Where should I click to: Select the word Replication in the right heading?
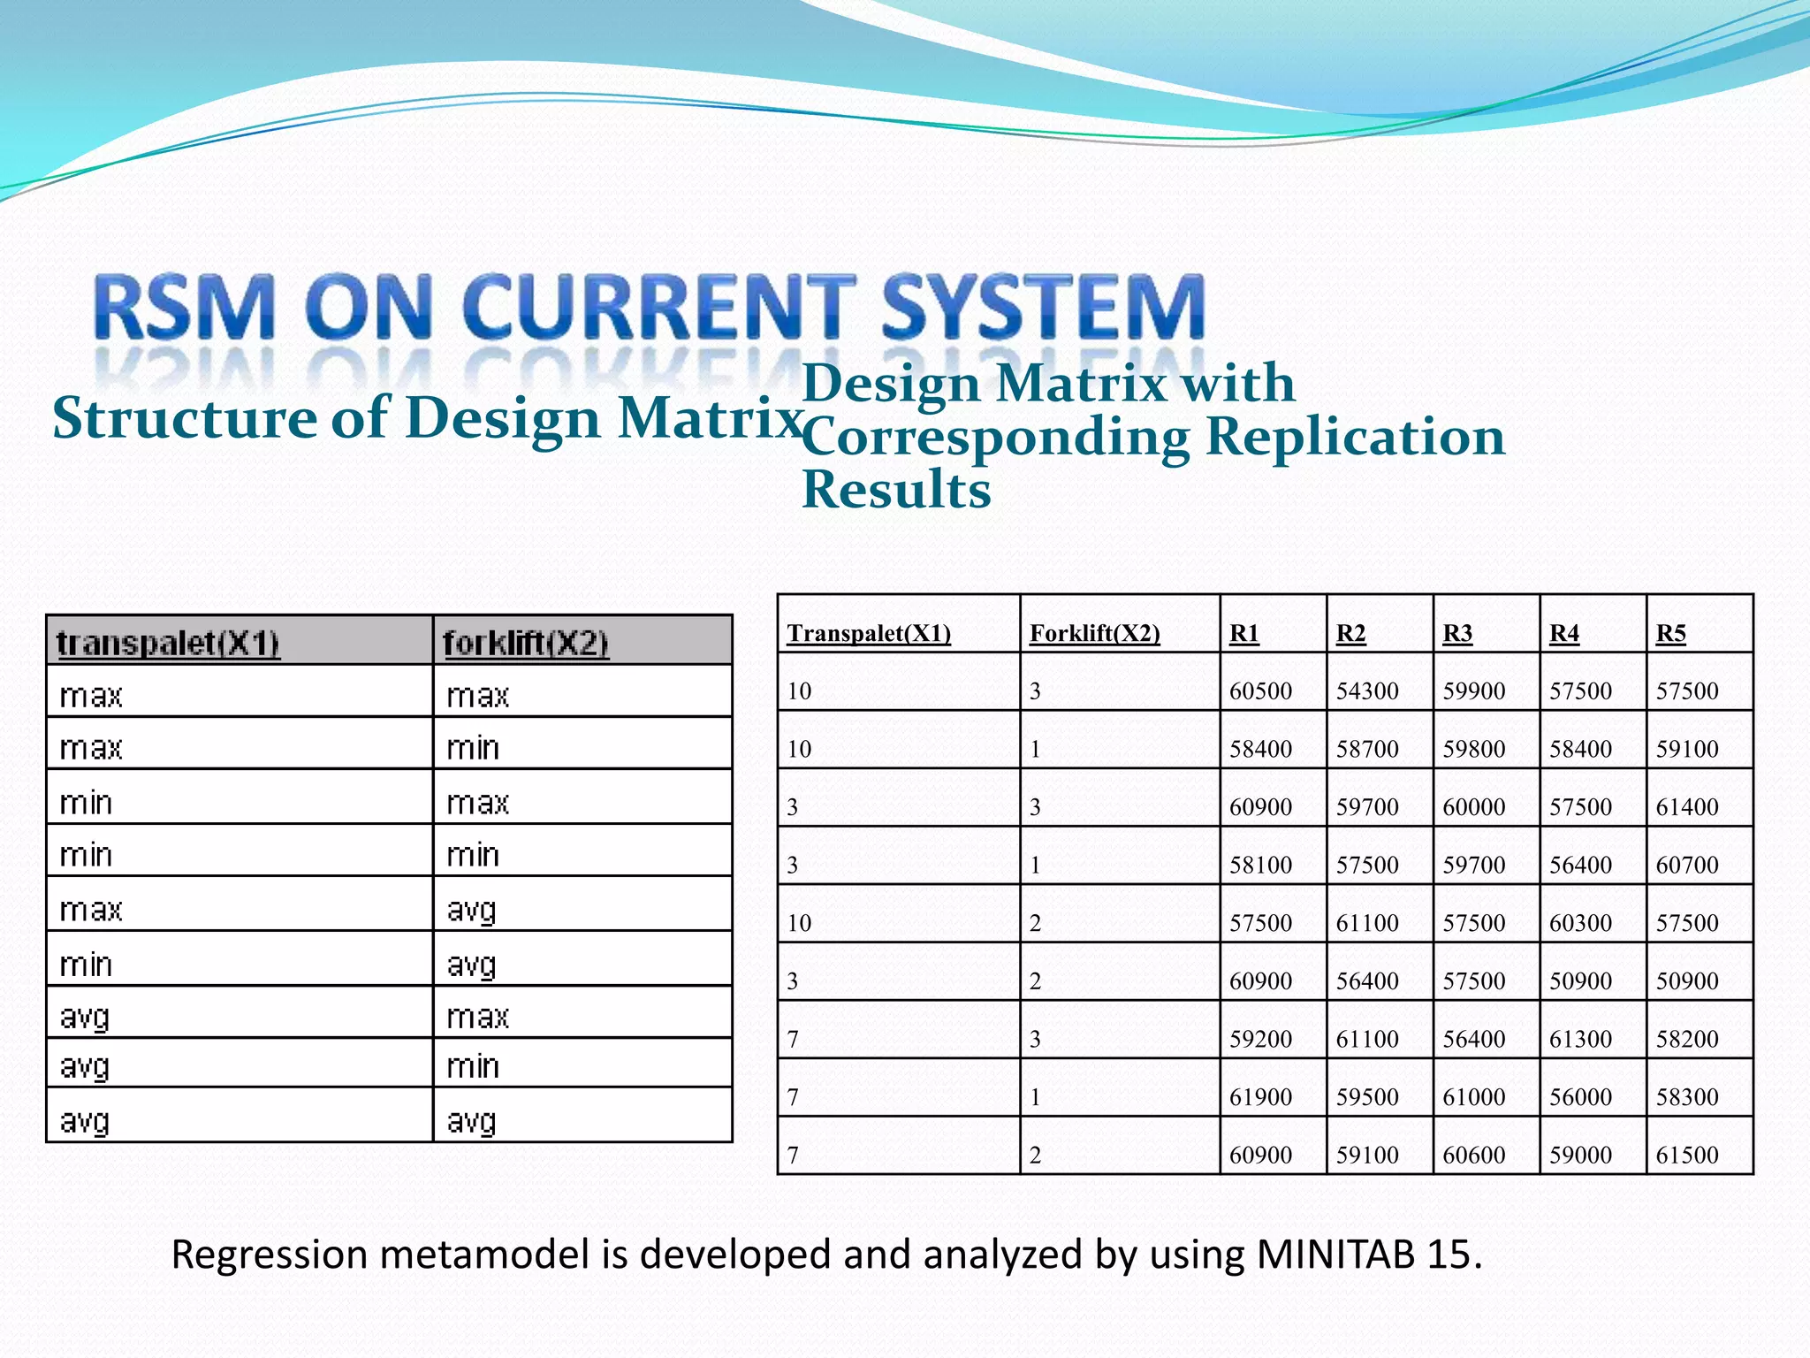coord(1355,437)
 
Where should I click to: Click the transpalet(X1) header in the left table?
coord(168,643)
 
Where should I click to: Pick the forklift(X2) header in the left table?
coord(525,643)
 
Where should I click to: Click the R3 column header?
coord(1457,633)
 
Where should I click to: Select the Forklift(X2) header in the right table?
coord(1094,633)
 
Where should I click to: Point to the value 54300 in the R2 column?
coord(1366,690)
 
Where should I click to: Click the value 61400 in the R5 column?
coord(1686,806)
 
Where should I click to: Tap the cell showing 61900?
coord(1260,1097)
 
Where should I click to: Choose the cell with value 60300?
coord(1580,923)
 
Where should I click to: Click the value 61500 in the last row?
coord(1686,1155)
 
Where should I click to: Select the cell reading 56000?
coord(1580,1097)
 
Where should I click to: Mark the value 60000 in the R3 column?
coord(1473,806)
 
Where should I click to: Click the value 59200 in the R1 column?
coord(1260,1039)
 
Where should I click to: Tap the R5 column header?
coord(1670,633)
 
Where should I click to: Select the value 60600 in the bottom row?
coord(1473,1155)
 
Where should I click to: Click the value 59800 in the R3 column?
coord(1473,749)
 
